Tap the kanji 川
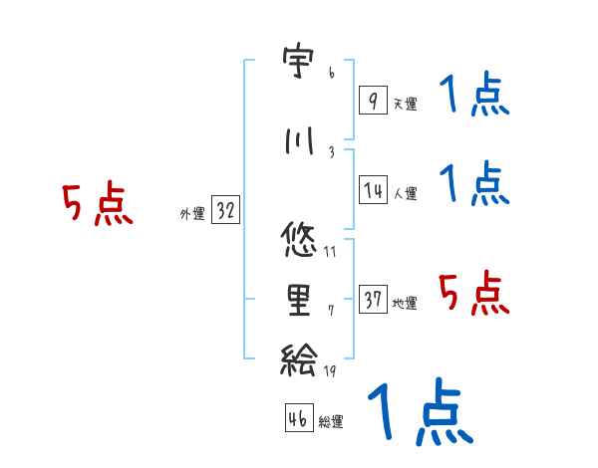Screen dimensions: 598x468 (x=298, y=142)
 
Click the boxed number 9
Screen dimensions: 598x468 (x=372, y=100)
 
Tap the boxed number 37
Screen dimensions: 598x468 (x=373, y=300)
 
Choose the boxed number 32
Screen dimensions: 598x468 (x=225, y=210)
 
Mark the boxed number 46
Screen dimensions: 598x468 (x=298, y=418)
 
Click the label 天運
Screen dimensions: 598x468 (x=405, y=104)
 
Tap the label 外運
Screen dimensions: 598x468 (x=191, y=214)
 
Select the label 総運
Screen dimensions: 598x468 (x=331, y=421)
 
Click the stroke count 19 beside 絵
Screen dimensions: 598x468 (x=329, y=372)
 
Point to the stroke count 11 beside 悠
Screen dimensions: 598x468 (x=330, y=250)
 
